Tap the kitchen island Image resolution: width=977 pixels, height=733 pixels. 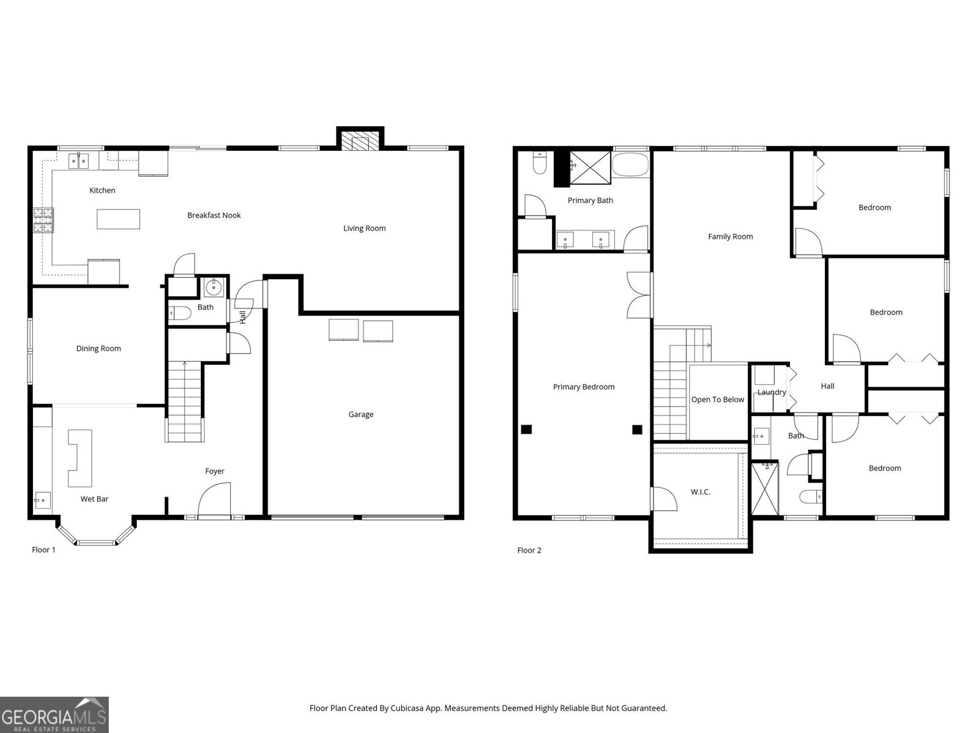(x=118, y=219)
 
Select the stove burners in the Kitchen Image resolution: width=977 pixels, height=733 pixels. (x=43, y=221)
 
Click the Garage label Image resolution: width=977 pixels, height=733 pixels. (x=360, y=414)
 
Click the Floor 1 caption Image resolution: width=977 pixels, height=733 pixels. (x=43, y=550)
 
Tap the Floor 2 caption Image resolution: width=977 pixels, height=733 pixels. (x=529, y=550)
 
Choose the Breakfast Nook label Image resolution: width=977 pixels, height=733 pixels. (x=214, y=215)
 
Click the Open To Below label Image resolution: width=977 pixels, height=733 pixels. (x=717, y=399)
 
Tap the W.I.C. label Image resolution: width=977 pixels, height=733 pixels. (x=700, y=492)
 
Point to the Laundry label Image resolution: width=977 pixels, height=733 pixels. (x=771, y=392)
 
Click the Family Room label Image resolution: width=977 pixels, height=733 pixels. (x=730, y=236)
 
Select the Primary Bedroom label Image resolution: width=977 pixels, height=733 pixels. (x=583, y=387)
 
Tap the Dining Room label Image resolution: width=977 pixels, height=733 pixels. (x=98, y=348)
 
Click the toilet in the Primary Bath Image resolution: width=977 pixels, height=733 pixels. (x=539, y=163)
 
